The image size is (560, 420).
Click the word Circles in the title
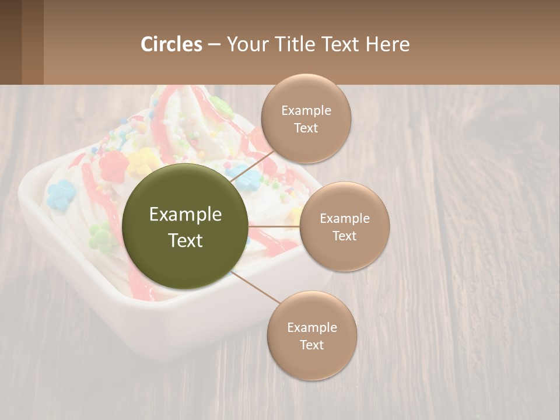(x=171, y=44)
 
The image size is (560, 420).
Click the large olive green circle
(x=185, y=226)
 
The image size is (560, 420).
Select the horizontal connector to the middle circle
(x=274, y=226)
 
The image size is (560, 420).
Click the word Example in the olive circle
(x=185, y=215)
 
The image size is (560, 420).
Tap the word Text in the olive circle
(x=185, y=240)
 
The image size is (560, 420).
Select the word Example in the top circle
(x=306, y=111)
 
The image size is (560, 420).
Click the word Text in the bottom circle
(x=311, y=345)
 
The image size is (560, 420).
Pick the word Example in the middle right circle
(x=345, y=219)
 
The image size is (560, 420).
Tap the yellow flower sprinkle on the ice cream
(x=142, y=160)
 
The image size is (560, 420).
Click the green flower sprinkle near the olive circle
(x=100, y=235)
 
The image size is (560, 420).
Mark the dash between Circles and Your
(x=214, y=44)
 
